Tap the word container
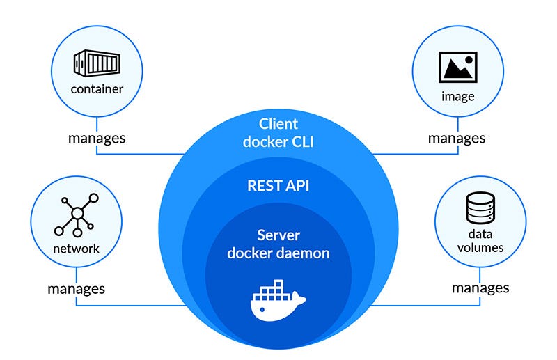pyautogui.click(x=97, y=89)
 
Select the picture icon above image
pyautogui.click(x=457, y=68)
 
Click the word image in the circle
pyautogui.click(x=457, y=96)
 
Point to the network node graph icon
pyautogui.click(x=76, y=216)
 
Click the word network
pyautogui.click(x=76, y=249)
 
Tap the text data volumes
pyautogui.click(x=480, y=241)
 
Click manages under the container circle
pyautogui.click(x=97, y=137)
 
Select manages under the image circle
pyautogui.click(x=457, y=138)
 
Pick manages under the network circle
pyautogui.click(x=76, y=288)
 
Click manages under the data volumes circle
pyautogui.click(x=480, y=287)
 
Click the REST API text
pyautogui.click(x=278, y=186)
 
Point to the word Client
pyautogui.click(x=278, y=124)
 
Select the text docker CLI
pyautogui.click(x=278, y=142)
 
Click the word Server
pyautogui.click(x=278, y=235)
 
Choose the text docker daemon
pyautogui.click(x=278, y=253)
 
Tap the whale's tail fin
pyautogui.click(x=300, y=298)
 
